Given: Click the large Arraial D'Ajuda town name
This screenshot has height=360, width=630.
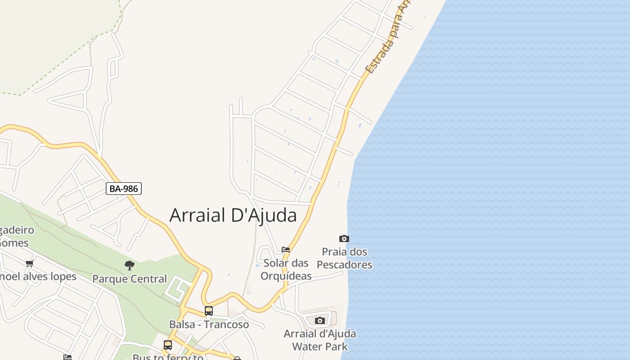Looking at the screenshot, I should click(233, 216).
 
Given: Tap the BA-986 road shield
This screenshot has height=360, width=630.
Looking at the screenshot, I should click(124, 189).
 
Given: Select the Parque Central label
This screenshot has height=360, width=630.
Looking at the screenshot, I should click(130, 279).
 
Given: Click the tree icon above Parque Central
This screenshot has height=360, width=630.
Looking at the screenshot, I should click(130, 265).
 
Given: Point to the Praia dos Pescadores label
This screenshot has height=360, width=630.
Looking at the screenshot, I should click(345, 258).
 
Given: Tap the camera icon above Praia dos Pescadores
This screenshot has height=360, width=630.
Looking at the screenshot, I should click(344, 238).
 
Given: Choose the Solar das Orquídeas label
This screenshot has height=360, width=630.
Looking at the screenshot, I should click(286, 269).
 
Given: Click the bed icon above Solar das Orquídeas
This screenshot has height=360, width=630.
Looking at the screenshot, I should click(286, 249).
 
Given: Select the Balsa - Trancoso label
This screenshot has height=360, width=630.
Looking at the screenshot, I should click(209, 324).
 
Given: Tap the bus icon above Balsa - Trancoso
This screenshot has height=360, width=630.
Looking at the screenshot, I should click(209, 310).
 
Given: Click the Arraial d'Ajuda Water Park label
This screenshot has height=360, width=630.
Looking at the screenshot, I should click(320, 340).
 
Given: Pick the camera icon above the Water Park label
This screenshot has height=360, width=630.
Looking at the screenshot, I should click(320, 320).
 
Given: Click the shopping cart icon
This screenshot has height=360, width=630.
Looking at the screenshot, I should click(30, 263).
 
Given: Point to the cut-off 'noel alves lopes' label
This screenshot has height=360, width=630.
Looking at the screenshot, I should click(38, 276).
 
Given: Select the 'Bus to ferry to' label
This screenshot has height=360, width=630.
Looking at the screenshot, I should click(167, 357).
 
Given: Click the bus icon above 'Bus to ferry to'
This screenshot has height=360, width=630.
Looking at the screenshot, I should click(168, 345).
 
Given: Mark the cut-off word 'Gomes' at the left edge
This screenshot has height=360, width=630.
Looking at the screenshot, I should click(14, 243).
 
